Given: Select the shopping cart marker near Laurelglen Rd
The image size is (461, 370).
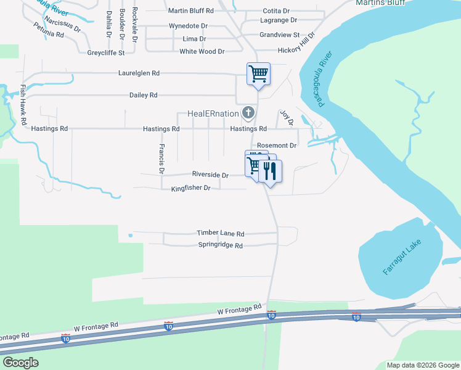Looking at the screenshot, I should click(259, 74).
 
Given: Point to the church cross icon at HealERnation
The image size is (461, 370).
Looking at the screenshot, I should click(248, 112).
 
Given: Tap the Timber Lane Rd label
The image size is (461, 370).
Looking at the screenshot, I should click(221, 233).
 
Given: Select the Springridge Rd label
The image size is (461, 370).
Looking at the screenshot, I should click(221, 245).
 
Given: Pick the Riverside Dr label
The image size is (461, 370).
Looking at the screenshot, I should click(210, 175).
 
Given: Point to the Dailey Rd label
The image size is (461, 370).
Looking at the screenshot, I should click(143, 95).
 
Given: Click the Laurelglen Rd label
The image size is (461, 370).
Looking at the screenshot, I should click(139, 73).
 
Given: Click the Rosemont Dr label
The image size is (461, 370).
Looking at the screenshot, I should click(277, 146).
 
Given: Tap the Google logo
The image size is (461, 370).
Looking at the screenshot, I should click(21, 362).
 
